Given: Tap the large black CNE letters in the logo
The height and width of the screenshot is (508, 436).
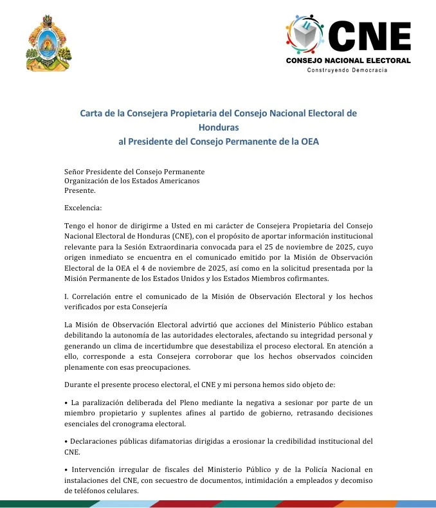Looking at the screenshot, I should [369, 37].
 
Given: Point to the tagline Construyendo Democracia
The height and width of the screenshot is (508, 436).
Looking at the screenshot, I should [348, 69].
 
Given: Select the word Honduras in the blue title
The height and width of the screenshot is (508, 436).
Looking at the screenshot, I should [218, 127].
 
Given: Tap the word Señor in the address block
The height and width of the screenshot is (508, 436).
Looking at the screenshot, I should [76, 172].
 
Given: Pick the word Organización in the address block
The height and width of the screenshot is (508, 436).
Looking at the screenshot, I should [89, 181].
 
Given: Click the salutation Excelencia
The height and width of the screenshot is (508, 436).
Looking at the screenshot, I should [83, 208].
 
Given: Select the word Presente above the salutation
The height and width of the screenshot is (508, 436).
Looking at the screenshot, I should [80, 190].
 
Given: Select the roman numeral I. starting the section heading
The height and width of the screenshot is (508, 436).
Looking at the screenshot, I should [67, 296].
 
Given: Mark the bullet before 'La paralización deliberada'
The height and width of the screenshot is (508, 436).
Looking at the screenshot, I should [66, 403].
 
